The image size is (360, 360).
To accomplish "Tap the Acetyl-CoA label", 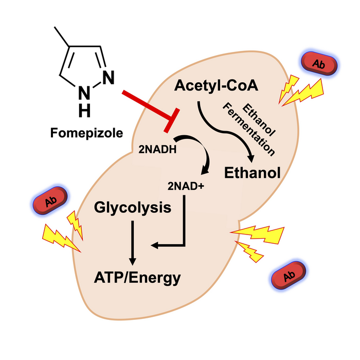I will coord(209,86).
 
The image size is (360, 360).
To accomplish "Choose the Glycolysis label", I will coord(133,208).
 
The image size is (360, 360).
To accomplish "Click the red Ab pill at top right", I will coord(319,64).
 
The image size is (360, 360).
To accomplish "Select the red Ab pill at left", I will coord(50,201).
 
